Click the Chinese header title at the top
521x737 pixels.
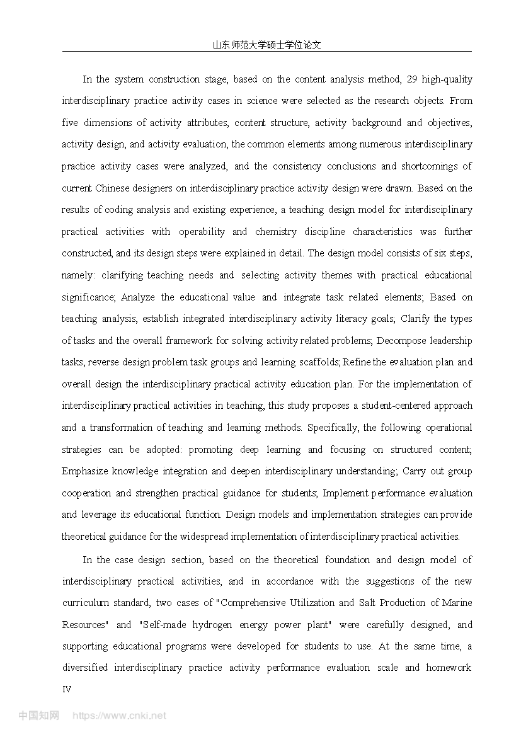tap(267, 45)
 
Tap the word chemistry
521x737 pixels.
tap(276, 232)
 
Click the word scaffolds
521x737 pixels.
tap(319, 362)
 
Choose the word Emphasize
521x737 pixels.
tap(86, 471)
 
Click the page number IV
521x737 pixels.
tap(67, 689)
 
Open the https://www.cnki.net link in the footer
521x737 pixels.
tap(120, 716)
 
